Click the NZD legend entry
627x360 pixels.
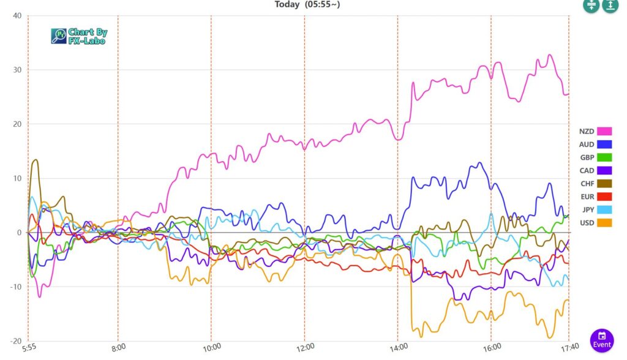tap(595, 131)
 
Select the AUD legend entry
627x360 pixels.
tap(595, 144)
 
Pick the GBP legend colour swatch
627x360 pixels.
tap(604, 157)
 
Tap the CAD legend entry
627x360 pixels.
tap(595, 171)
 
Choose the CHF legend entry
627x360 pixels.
tap(595, 184)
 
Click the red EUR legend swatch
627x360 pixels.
tap(604, 197)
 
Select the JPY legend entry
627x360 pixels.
tap(595, 209)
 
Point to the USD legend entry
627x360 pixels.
tap(595, 222)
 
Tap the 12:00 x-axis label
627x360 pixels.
tap(304, 347)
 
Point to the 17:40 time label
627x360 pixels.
tap(568, 347)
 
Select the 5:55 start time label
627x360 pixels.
tap(28, 347)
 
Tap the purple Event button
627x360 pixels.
tap(602, 340)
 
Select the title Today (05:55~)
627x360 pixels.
tap(307, 5)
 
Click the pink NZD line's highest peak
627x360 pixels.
tap(550, 55)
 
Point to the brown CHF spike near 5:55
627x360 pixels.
tap(36, 160)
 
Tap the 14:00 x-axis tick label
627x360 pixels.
tap(397, 347)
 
